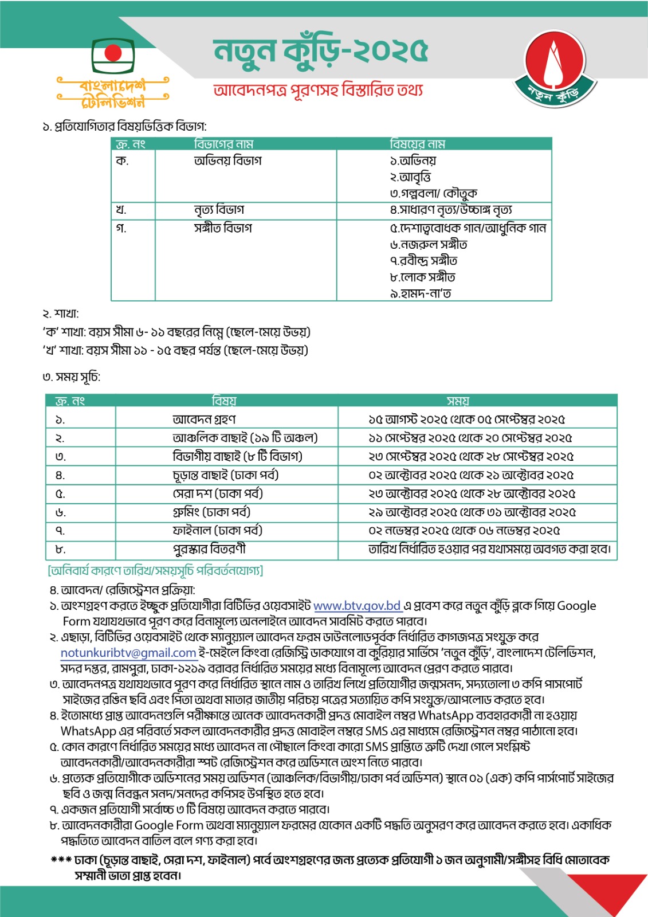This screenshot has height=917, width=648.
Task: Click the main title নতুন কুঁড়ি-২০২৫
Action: [320, 51]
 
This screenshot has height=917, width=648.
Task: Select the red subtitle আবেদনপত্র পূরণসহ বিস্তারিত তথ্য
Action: [318, 91]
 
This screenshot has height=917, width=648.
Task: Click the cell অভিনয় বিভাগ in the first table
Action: [227, 161]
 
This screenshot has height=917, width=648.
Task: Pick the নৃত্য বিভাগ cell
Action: [219, 210]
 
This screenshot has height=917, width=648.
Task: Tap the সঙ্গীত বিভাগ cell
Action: [223, 228]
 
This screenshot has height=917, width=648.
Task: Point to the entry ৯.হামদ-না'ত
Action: [421, 293]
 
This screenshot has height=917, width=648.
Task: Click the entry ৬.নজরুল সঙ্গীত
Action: [429, 245]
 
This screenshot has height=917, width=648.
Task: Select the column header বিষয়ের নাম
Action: [417, 144]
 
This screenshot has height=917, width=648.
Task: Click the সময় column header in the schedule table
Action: [458, 401]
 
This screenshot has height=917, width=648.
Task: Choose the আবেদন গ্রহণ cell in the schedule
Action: [204, 420]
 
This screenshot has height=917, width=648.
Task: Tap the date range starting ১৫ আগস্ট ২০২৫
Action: [466, 420]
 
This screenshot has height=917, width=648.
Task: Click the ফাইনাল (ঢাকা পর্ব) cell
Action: [217, 531]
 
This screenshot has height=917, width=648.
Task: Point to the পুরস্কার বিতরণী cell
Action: [209, 549]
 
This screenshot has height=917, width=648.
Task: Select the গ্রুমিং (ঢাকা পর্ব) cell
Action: [211, 512]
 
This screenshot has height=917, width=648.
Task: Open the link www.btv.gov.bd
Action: [357, 606]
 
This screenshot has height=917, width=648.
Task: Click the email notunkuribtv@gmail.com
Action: [128, 653]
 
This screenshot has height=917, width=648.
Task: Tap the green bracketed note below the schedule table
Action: [155, 571]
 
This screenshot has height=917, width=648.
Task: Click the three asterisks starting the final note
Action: [61, 860]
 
